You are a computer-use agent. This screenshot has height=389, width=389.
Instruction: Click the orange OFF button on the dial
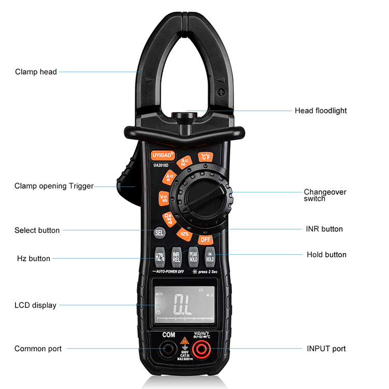pos(205,240)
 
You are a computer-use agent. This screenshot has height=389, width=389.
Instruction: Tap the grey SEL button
pos(159,233)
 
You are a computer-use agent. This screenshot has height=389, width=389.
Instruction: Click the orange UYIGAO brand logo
pos(163,155)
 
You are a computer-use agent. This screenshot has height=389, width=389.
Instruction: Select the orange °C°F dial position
pos(205,157)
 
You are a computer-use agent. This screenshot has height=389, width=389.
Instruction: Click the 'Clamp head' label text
pos(36,72)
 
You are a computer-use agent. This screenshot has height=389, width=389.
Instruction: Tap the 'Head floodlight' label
pos(321,110)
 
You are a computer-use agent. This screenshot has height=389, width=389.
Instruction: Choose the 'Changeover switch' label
pos(325,195)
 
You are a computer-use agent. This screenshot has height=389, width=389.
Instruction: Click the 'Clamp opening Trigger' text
pos(54,186)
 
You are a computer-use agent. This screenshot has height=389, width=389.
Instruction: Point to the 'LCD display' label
pos(35,305)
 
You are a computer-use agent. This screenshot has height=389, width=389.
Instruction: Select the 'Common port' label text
pos(38,349)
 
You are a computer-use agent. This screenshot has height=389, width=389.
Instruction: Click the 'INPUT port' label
pos(326,349)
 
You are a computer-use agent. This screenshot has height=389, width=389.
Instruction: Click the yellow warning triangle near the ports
pos(184,341)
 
